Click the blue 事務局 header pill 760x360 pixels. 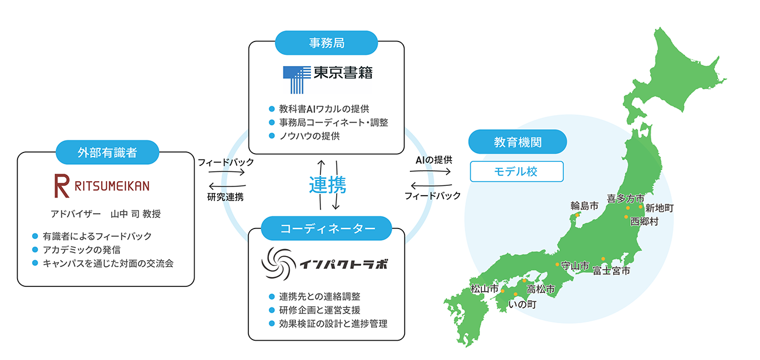click(x=326, y=42)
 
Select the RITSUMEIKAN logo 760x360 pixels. click(x=102, y=186)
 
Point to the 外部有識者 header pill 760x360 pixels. click(x=107, y=153)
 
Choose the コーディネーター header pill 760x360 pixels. click(x=327, y=229)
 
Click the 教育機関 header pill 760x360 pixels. click(x=517, y=142)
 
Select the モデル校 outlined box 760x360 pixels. click(x=517, y=172)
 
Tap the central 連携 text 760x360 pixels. click(x=327, y=185)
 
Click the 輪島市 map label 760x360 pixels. click(x=584, y=206)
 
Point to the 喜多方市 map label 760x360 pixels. click(x=625, y=198)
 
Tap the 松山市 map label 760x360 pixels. click(x=485, y=289)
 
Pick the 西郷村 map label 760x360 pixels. click(x=644, y=221)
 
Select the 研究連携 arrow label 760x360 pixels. click(x=225, y=196)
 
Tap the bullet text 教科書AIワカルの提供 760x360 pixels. click(x=324, y=109)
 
